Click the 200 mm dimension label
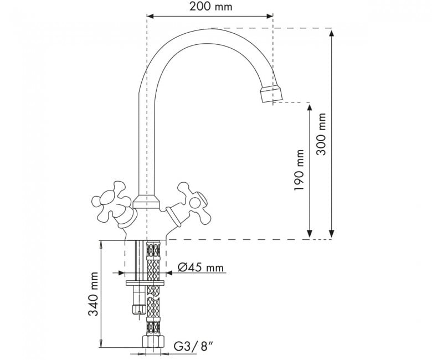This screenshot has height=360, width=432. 211,7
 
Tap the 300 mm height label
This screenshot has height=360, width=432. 321,134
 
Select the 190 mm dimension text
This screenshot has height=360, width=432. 299,170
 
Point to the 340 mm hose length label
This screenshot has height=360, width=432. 93,294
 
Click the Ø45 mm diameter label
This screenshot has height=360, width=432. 200,267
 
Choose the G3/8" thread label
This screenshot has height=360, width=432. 194,346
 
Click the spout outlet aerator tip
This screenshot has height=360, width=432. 271,94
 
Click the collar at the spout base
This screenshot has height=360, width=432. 146,202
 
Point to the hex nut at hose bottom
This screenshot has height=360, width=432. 153,342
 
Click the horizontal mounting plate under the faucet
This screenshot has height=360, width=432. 145,283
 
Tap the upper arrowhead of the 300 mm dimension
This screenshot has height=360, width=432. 332,34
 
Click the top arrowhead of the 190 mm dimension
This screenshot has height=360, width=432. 310,107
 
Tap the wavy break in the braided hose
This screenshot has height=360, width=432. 153,299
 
